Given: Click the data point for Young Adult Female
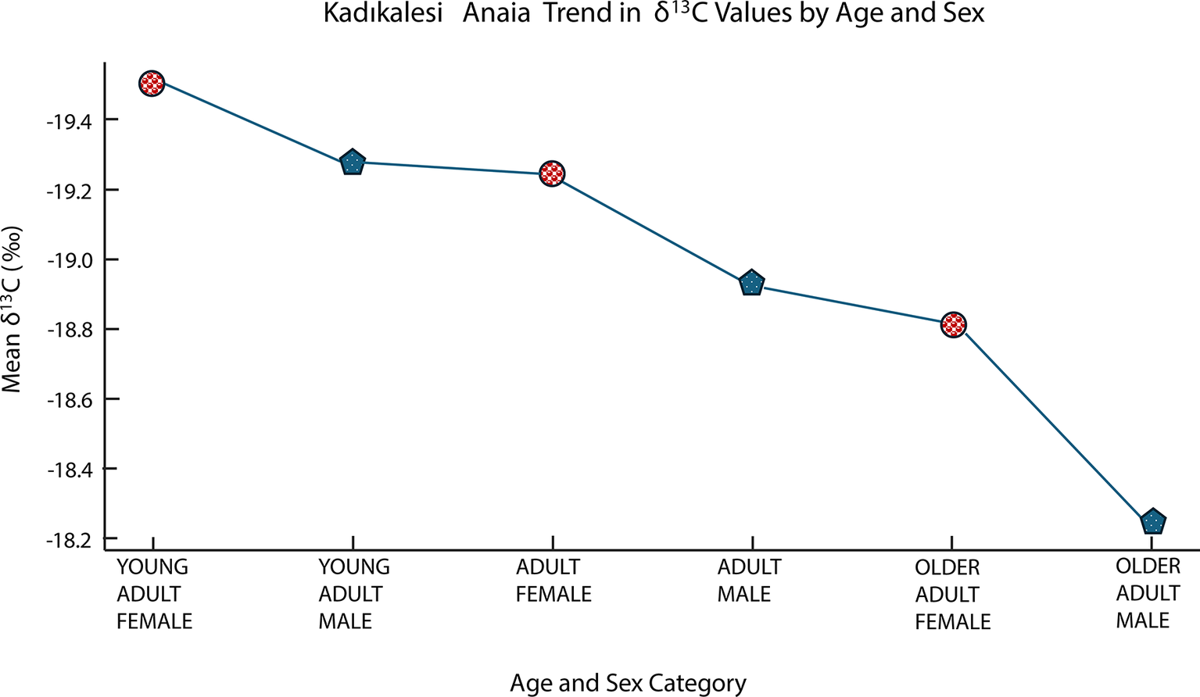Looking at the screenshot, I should point(152,83).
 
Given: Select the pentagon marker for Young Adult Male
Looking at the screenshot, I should point(353,163).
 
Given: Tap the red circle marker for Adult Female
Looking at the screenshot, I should point(553,173).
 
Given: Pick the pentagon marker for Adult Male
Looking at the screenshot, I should point(751,284).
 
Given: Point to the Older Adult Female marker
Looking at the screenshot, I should point(954,324).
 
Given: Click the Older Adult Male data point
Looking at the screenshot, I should point(1153,521).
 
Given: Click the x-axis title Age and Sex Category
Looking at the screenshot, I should point(628,683).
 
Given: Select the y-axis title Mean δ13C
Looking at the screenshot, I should point(13,309).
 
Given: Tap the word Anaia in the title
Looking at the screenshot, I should point(496,14).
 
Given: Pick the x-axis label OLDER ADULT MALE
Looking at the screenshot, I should point(1147,593).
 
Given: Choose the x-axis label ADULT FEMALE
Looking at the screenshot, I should point(553,581).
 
